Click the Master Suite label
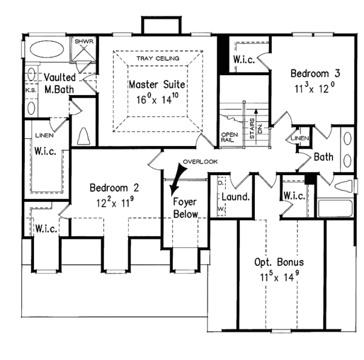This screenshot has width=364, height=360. (x=157, y=84)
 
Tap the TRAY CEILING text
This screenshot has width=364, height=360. (x=157, y=58)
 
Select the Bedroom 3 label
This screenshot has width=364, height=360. (x=315, y=73)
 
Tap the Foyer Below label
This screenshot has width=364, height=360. (x=184, y=208)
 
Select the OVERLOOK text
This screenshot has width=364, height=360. (x=197, y=162)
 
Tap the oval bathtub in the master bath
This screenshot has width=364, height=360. (x=49, y=49)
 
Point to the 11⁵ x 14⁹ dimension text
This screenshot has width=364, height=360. (x=280, y=278)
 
